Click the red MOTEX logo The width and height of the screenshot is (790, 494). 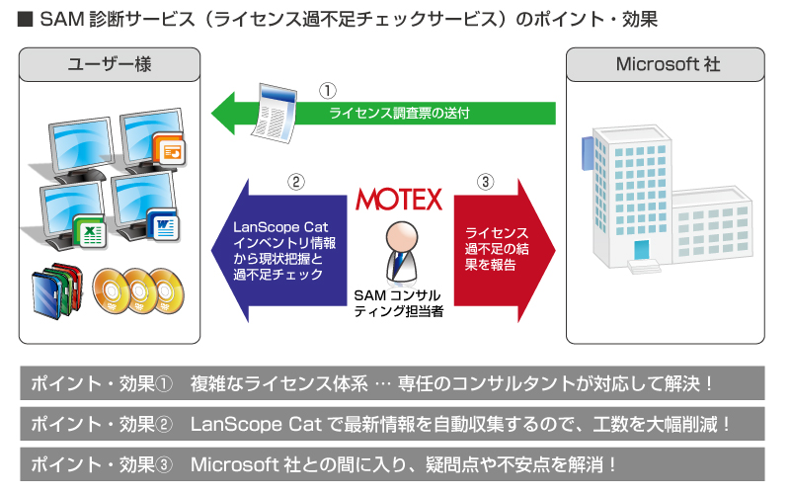(399, 200)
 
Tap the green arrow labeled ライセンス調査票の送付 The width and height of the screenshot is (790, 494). (383, 113)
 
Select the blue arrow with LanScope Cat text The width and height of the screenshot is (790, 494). (279, 251)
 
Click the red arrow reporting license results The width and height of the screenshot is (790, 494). (505, 251)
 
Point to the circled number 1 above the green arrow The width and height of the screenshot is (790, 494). (328, 91)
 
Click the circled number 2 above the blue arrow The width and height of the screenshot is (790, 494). (295, 182)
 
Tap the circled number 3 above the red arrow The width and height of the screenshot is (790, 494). (485, 182)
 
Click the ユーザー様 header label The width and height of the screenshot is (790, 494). (110, 64)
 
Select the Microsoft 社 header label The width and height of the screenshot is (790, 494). (668, 64)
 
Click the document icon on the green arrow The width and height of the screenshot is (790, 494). (276, 113)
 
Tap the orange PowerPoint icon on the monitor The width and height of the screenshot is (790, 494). (170, 150)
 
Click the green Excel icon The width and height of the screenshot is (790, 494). (90, 232)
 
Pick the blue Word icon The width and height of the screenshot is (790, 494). (163, 225)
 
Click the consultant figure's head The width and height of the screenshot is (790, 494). (402, 238)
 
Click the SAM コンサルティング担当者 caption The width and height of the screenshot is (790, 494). (399, 303)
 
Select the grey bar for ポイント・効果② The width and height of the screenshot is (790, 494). (392, 424)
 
